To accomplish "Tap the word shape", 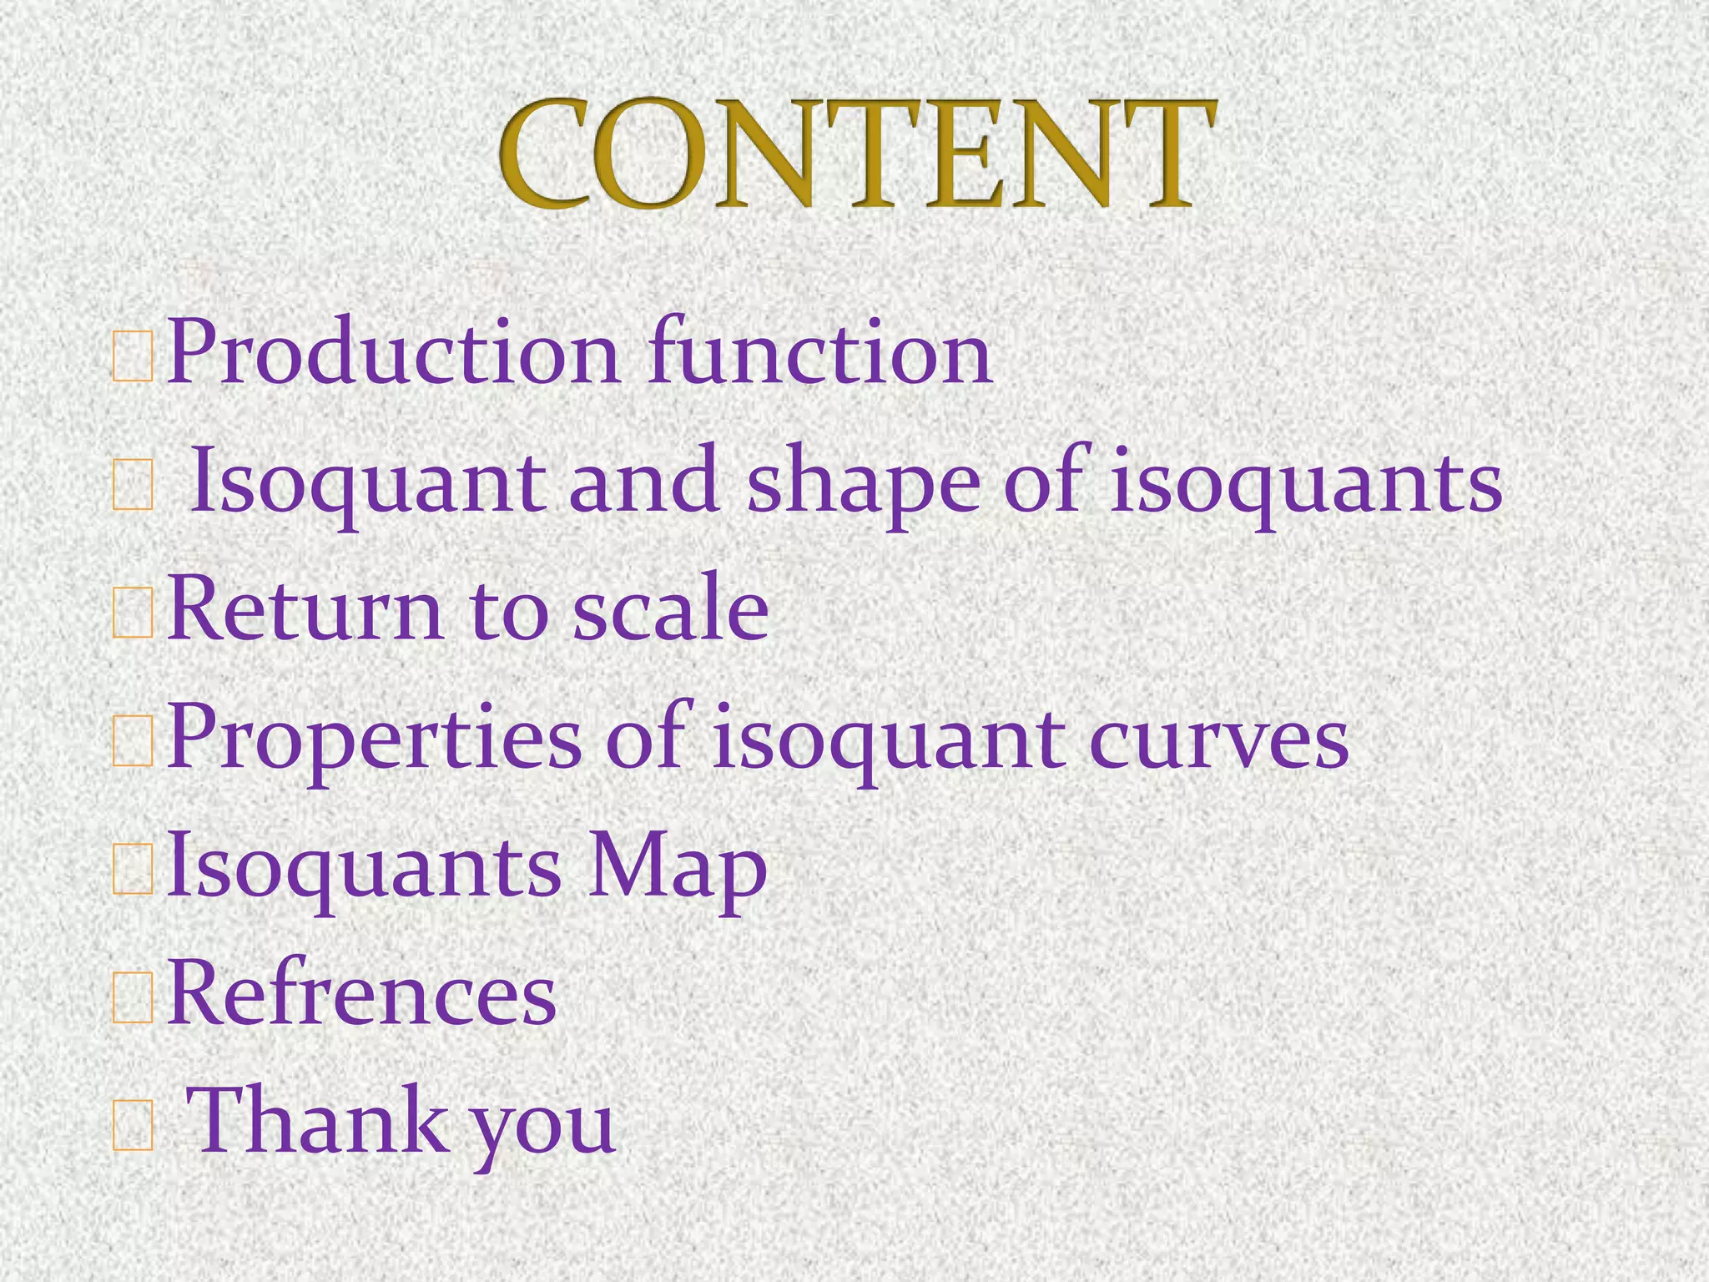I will (x=863, y=484).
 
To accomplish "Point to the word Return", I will (x=305, y=610).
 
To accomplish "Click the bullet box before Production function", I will (x=133, y=357).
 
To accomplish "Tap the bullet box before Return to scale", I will (x=133, y=613).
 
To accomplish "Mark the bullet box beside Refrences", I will (x=133, y=997).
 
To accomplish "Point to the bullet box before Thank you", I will (x=133, y=1127).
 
